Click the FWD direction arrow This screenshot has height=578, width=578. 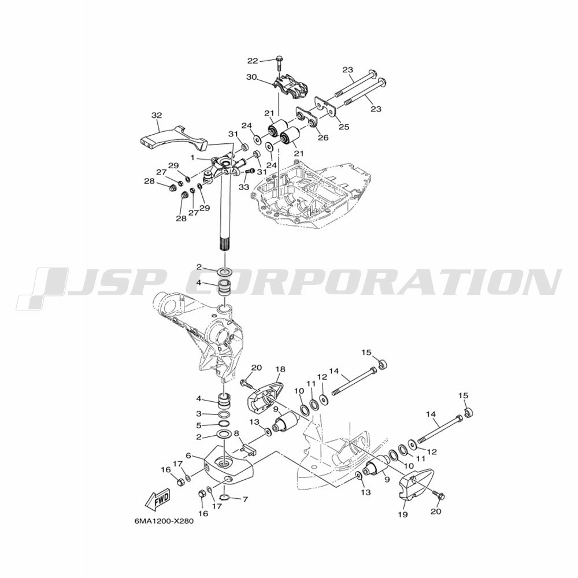[x=157, y=500]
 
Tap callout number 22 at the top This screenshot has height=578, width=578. [x=262, y=61]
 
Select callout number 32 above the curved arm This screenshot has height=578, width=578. [x=157, y=116]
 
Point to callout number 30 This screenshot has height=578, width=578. [x=251, y=77]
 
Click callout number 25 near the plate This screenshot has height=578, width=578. [x=343, y=127]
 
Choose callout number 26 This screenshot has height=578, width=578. [x=323, y=138]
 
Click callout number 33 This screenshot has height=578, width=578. [x=244, y=187]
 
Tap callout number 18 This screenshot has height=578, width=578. [x=280, y=369]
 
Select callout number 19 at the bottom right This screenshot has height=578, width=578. [x=403, y=514]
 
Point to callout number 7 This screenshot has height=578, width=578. [x=245, y=499]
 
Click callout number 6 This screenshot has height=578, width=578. [x=188, y=456]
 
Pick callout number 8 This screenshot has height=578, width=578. [x=236, y=433]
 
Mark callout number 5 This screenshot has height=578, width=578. [x=199, y=425]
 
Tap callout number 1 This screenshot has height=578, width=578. [x=192, y=157]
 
